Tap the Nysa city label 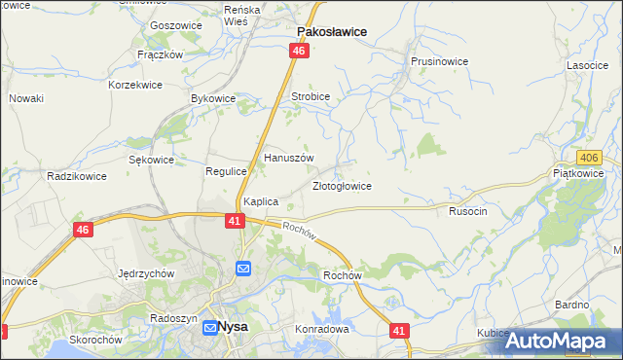tap(233, 328)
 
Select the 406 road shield tap(587, 158)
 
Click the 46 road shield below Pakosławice tap(299, 51)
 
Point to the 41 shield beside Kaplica tap(236, 221)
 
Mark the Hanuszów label tap(289, 158)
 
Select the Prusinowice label tap(439, 61)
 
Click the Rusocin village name tap(467, 210)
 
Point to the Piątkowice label tap(578, 174)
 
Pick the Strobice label tap(311, 97)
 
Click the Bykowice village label tap(214, 99)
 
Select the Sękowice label tap(152, 160)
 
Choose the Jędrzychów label tap(145, 273)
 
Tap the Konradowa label tap(322, 329)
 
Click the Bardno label tap(572, 305)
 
